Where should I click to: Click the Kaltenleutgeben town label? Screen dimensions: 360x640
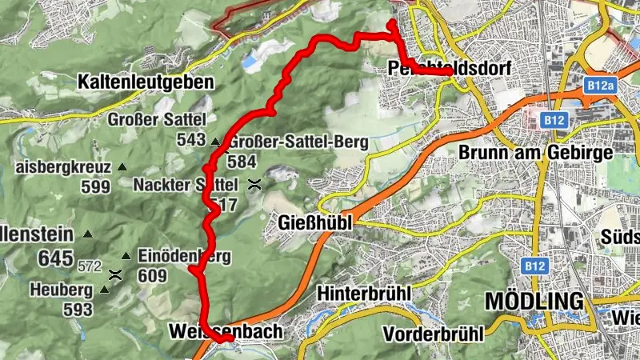[x=146, y=82]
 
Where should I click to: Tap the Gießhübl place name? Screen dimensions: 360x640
[x=315, y=222]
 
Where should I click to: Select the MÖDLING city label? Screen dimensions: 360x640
[x=534, y=302]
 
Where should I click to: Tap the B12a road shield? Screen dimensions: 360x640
[x=598, y=84]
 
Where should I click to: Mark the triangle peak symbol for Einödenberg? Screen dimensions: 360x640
[x=126, y=256]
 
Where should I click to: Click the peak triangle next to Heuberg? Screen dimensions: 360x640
[x=104, y=289]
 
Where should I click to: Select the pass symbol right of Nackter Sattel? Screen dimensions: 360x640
[x=254, y=184]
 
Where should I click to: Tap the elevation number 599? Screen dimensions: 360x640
[x=95, y=186]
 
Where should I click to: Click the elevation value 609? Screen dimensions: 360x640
[x=151, y=277]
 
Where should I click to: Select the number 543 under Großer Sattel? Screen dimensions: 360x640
[x=192, y=140]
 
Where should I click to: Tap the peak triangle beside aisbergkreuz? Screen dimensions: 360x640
[x=122, y=167]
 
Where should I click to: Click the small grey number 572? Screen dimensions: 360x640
[x=90, y=264]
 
